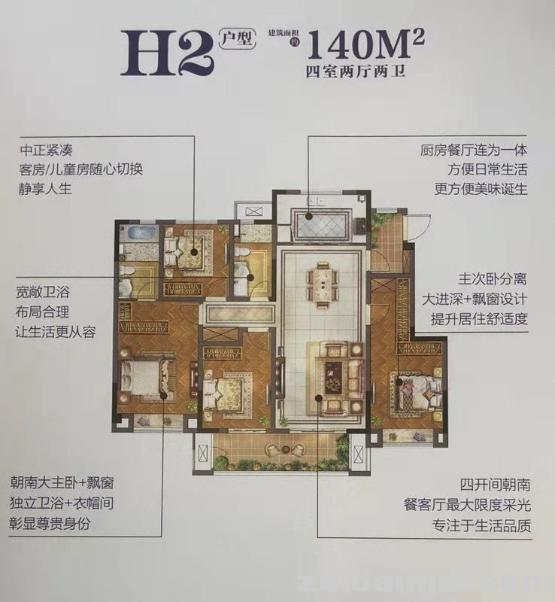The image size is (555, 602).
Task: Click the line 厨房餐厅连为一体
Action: click(x=475, y=150)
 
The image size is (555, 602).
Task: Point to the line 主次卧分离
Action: click(x=493, y=278)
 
